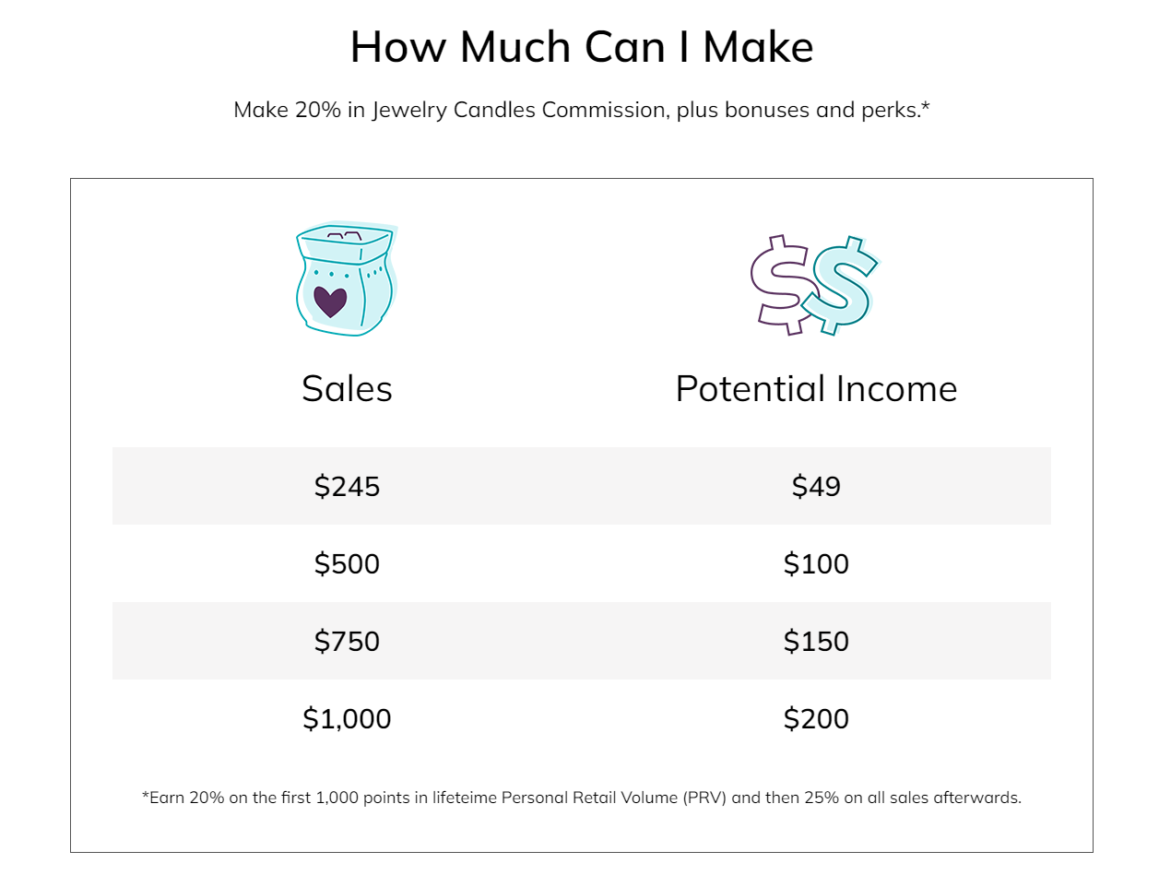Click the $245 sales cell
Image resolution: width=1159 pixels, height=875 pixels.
[347, 486]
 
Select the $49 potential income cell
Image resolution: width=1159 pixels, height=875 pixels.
[815, 486]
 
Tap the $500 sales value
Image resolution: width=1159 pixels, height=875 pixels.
[347, 563]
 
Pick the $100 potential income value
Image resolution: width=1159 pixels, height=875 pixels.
[815, 563]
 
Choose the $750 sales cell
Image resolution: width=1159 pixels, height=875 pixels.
[347, 641]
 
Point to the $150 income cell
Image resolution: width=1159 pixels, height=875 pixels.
[815, 641]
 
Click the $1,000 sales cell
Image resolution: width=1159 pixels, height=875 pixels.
[347, 718]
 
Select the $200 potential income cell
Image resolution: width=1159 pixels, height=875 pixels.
[815, 718]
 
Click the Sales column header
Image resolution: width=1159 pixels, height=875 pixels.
[347, 389]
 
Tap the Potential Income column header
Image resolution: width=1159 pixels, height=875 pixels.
[816, 389]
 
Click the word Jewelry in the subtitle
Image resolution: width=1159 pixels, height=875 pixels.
[408, 111]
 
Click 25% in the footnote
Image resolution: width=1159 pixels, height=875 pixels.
[821, 798]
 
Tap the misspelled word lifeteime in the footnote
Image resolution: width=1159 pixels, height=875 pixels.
[464, 798]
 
